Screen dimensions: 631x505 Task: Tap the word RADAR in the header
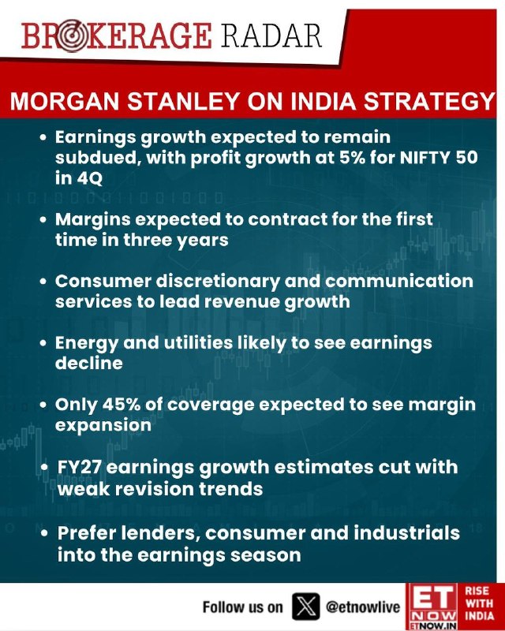271,35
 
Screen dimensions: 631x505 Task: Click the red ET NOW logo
431,606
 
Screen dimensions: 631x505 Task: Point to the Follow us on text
242,607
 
